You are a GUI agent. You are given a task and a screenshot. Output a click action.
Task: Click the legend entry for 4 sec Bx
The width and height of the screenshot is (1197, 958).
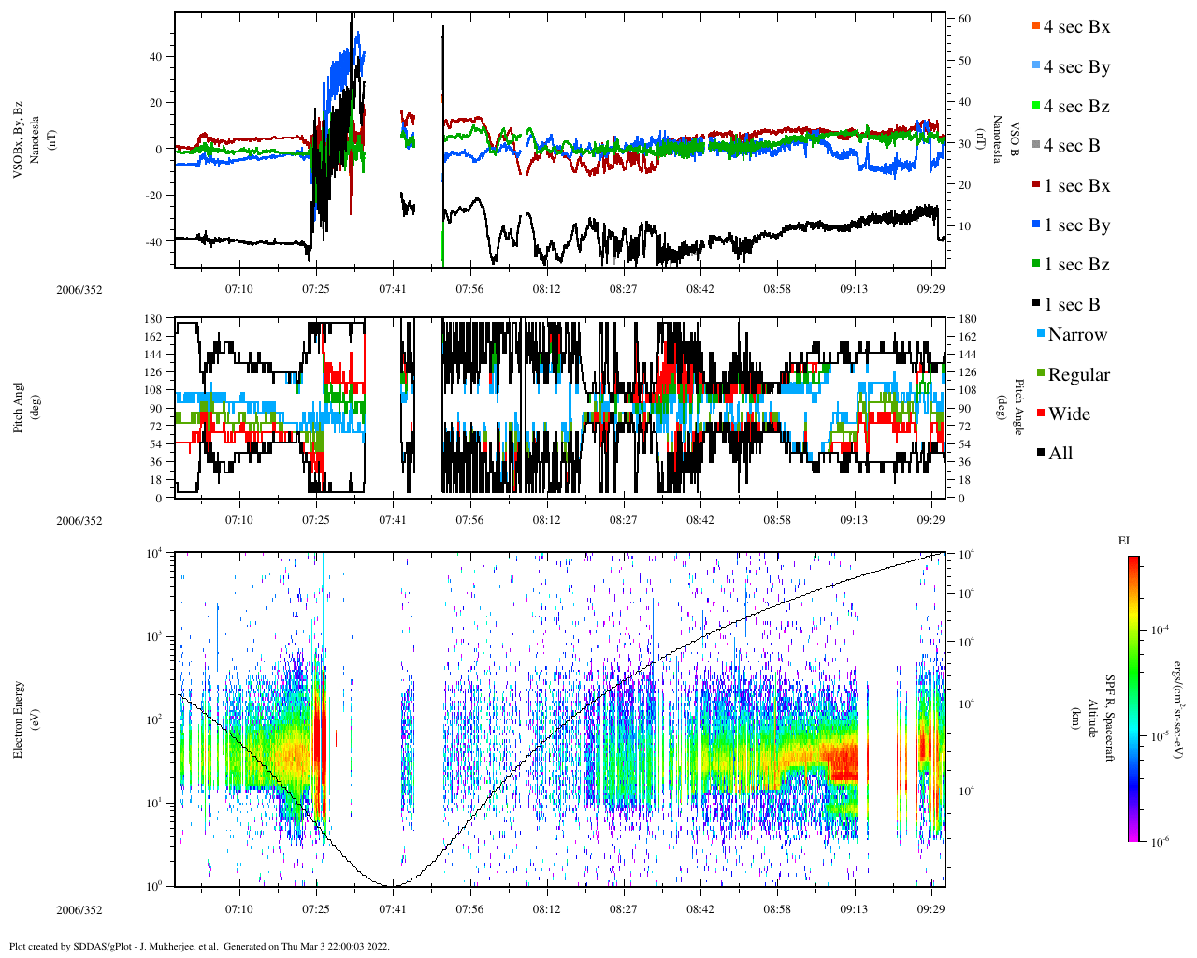point(1075,27)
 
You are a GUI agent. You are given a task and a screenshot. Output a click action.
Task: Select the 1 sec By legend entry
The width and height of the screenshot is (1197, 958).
point(1075,225)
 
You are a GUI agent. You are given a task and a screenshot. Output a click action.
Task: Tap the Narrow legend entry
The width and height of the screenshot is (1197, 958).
point(1076,335)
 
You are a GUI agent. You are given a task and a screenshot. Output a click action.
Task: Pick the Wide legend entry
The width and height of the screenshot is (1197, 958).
point(1068,414)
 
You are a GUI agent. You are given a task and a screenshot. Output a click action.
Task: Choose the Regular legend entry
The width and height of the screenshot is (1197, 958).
point(1078,375)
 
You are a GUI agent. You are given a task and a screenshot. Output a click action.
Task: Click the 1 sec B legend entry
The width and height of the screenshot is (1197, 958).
point(1072,305)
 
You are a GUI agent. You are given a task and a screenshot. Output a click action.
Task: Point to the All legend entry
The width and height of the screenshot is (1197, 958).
point(1060,454)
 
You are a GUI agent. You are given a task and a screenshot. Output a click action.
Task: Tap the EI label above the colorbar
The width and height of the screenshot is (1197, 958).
point(1124,541)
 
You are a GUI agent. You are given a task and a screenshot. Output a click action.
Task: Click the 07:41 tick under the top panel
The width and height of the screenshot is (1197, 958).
point(393,289)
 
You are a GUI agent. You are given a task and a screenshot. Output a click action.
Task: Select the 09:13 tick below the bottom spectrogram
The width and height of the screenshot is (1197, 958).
point(854,909)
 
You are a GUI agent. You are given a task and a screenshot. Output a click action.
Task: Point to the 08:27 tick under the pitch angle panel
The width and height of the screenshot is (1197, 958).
point(624,520)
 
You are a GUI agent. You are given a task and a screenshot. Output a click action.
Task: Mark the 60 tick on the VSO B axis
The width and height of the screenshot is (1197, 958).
point(963,19)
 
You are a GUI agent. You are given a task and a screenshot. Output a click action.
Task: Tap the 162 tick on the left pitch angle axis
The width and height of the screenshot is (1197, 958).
point(154,336)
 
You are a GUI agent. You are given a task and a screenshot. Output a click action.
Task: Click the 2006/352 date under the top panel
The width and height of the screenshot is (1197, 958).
point(79,290)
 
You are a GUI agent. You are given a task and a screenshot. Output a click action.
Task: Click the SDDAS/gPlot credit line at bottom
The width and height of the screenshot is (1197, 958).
point(199,946)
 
